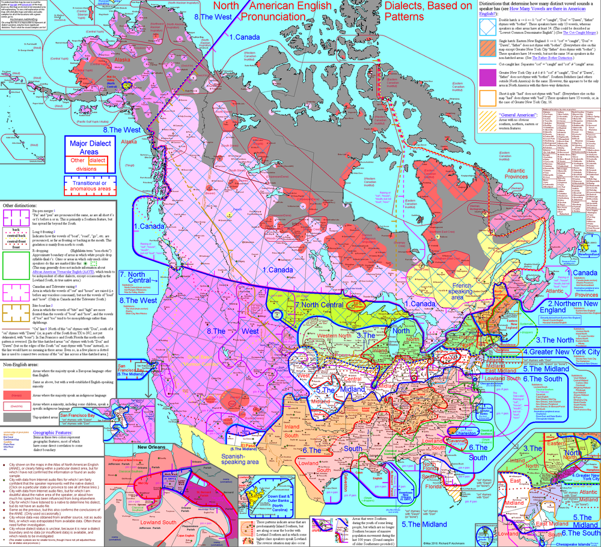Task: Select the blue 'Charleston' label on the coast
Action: pyautogui.click(x=434, y=430)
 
